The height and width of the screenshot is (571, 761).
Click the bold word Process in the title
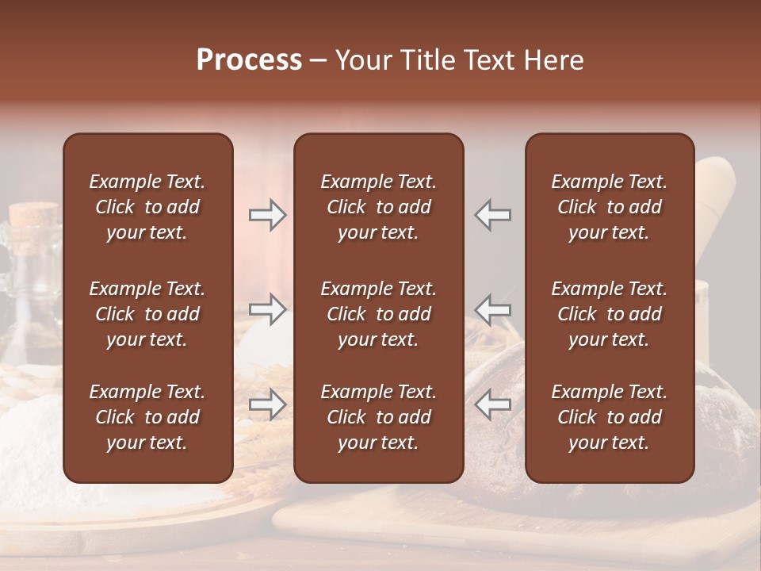tap(249, 60)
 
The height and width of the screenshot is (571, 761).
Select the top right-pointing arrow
tap(267, 215)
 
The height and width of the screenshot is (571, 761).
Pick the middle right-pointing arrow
tap(267, 309)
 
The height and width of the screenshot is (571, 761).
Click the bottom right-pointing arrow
tap(267, 404)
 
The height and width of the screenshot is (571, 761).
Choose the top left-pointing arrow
tap(493, 215)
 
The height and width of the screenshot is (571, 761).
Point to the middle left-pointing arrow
tap(493, 309)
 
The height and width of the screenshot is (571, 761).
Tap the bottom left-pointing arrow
tap(493, 404)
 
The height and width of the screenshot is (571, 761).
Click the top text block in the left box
tap(147, 207)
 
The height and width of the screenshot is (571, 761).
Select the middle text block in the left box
tap(147, 314)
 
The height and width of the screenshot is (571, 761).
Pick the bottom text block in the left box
tap(147, 417)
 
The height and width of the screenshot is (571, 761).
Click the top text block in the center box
tap(378, 207)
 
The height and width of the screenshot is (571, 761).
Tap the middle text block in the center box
tap(378, 314)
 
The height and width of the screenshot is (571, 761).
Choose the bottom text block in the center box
tap(378, 417)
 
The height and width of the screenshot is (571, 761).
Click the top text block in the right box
tap(609, 207)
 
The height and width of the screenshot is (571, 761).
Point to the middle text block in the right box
tap(609, 314)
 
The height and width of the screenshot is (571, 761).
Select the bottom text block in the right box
tap(609, 417)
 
